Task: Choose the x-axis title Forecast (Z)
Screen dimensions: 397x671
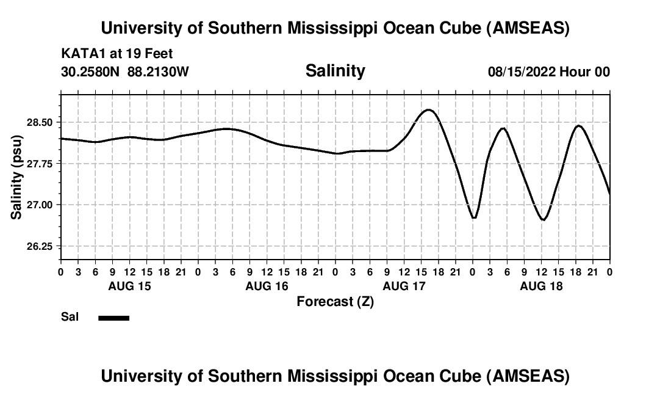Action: [335, 301]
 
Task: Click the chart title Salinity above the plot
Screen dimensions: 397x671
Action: [335, 71]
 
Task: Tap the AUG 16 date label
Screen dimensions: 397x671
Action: [266, 286]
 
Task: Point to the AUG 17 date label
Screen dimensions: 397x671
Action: [403, 286]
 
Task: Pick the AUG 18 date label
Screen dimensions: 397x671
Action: [540, 286]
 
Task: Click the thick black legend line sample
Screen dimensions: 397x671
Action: [113, 318]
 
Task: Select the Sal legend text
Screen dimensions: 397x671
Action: [70, 317]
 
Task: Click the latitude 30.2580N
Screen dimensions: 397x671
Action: [91, 72]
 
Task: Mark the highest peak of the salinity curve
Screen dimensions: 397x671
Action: [429, 110]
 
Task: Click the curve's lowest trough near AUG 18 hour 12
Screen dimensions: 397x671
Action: [544, 219]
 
